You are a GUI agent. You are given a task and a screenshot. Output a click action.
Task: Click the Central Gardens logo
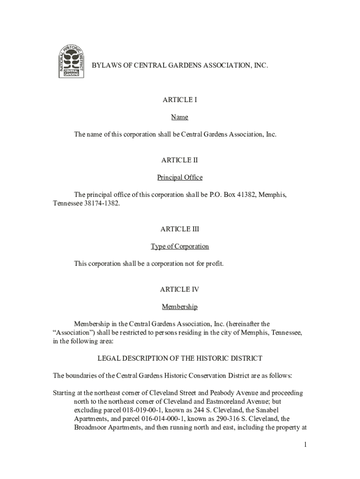(71, 61)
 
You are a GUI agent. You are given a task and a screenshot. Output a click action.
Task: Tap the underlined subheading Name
(180, 117)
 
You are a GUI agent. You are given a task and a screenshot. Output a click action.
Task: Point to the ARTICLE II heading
(180, 160)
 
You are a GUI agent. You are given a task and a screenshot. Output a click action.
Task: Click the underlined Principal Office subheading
(180, 178)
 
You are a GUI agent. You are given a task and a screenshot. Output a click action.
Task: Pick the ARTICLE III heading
(180, 229)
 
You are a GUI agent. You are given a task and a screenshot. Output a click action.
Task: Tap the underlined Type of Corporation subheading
(180, 247)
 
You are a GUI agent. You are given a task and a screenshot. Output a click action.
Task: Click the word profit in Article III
(214, 264)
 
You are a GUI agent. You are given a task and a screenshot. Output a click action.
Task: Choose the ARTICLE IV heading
(180, 290)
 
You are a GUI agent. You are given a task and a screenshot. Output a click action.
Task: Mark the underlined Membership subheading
(180, 307)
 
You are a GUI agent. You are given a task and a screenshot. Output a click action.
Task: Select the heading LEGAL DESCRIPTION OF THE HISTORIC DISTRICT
(180, 358)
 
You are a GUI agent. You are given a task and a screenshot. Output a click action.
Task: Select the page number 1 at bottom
(304, 444)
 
